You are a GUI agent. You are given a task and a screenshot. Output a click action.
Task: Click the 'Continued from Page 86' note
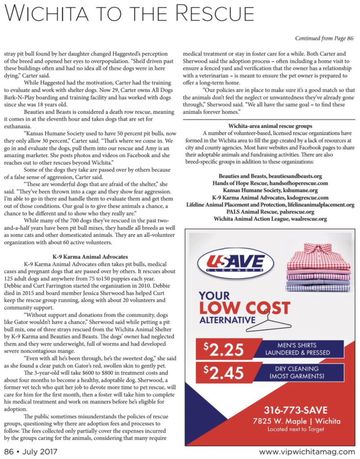pyautogui.click(x=324, y=39)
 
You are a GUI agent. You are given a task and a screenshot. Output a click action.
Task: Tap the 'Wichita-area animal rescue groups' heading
pyautogui.click(x=269, y=126)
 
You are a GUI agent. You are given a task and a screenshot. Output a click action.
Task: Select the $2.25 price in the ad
pyautogui.click(x=223, y=349)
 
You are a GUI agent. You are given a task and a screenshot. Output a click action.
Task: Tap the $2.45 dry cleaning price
pyautogui.click(x=223, y=373)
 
